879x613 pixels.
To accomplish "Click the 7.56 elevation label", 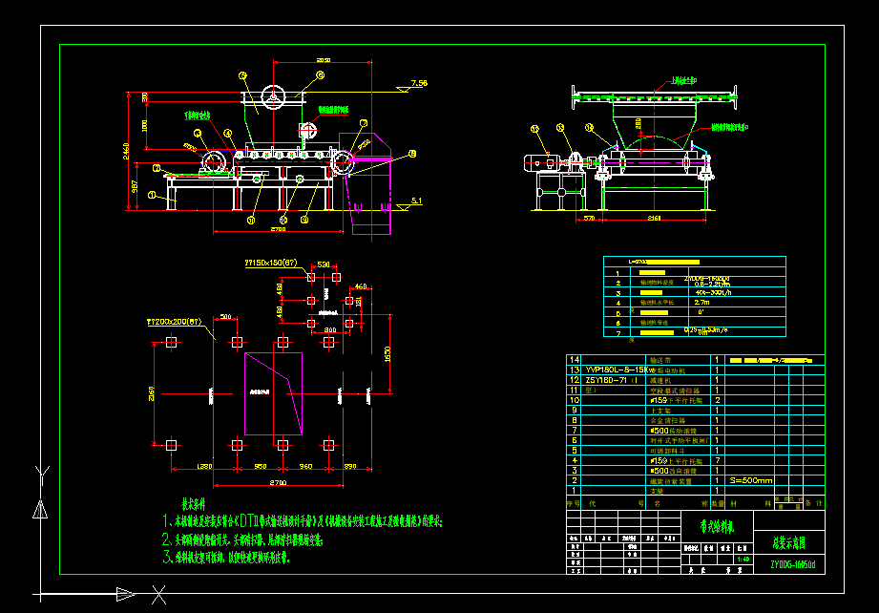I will coord(419,84).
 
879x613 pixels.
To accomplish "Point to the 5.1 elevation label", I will coord(416,201).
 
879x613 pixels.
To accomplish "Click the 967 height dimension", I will coord(134,187).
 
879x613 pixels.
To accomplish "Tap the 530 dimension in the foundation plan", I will coord(324,264).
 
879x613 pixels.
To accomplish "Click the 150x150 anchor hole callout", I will coord(271,261).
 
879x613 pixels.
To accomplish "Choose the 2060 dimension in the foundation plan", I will coord(150,391).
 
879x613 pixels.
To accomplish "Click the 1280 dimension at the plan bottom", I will coord(203,466).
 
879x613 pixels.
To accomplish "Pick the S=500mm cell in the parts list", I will coord(750,480).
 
